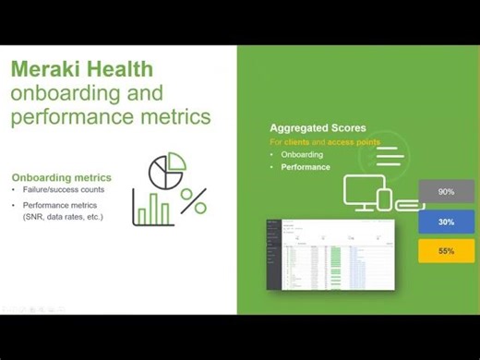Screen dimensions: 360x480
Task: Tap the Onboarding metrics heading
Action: [x=62, y=177]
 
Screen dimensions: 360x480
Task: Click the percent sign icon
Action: [x=193, y=200]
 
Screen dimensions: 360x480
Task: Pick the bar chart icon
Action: [x=153, y=209]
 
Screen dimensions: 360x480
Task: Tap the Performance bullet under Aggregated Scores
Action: [x=306, y=168]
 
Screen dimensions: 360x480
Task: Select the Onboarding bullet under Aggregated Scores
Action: [x=304, y=155]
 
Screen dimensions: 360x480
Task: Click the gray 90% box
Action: [x=446, y=192]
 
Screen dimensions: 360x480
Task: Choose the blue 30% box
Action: [x=446, y=222]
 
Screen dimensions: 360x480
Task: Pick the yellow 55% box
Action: [x=446, y=251]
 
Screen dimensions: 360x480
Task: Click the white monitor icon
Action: [x=364, y=190]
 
